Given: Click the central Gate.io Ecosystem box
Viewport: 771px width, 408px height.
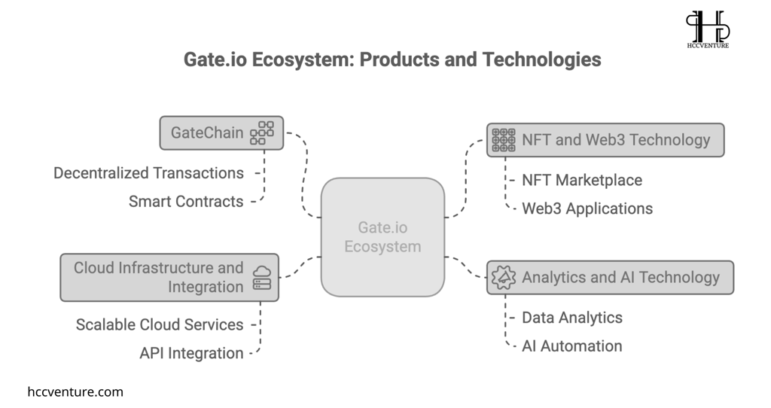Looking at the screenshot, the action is coord(382,237).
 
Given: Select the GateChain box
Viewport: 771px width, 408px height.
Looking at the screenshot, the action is coord(221,132).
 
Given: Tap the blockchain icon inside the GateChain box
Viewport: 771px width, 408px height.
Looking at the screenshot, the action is coord(261,132).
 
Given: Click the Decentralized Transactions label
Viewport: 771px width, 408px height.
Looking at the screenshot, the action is coord(148,173).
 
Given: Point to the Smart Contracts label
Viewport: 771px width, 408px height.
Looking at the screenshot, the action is coord(186,202).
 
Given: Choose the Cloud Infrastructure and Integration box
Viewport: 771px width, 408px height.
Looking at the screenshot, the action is coord(169,277).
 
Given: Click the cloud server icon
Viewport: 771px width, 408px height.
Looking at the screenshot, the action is coord(261,278).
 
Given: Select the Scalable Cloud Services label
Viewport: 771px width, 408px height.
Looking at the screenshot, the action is coord(160,325).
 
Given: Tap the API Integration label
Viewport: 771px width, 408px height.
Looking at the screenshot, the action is coord(191,354).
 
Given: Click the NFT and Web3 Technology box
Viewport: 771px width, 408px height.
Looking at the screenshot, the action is coord(605,140).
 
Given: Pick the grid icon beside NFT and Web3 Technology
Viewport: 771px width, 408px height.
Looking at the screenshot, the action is coord(504,140).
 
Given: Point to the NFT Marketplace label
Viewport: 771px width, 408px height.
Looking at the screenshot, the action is coord(582,181).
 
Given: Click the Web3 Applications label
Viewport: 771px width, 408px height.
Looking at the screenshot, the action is coord(587,209).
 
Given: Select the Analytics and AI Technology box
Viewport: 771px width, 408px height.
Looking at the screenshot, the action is coord(610,278).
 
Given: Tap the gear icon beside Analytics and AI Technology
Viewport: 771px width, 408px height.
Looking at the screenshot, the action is coord(504,278).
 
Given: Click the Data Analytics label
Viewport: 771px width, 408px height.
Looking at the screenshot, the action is coord(572,318).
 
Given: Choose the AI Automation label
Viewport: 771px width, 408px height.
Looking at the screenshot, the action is coord(572,346).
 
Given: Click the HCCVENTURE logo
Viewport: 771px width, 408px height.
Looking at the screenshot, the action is coord(708,29).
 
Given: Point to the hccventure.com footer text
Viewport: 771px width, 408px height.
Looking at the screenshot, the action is coord(75,391).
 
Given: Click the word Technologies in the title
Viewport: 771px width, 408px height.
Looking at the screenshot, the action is coord(541,60).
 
